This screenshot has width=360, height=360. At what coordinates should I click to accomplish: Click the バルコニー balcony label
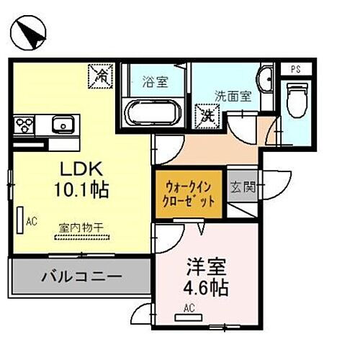(x=81, y=276)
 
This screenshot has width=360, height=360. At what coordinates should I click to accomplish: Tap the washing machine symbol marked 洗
(x=207, y=113)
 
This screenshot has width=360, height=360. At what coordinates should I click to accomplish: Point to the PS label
(x=295, y=69)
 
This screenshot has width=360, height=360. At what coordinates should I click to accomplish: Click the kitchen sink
(x=63, y=127)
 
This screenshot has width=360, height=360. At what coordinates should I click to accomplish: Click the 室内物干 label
(x=80, y=228)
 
